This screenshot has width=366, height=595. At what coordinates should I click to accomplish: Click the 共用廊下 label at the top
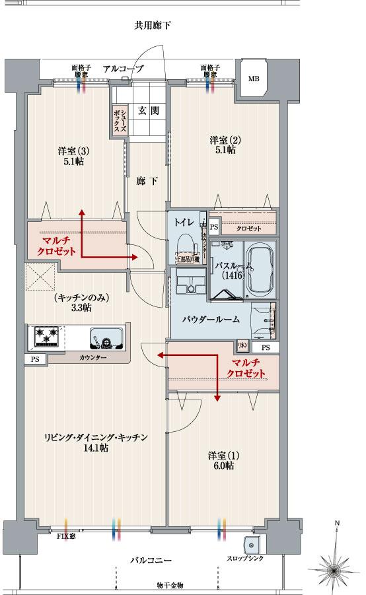153,26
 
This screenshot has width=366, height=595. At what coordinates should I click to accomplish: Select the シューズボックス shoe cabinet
119,121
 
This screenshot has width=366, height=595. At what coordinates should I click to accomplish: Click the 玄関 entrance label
148,110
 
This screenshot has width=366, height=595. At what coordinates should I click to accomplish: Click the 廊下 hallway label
147,181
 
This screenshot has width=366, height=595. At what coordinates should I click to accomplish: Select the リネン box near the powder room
242,345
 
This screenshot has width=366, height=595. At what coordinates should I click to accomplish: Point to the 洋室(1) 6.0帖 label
221,460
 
